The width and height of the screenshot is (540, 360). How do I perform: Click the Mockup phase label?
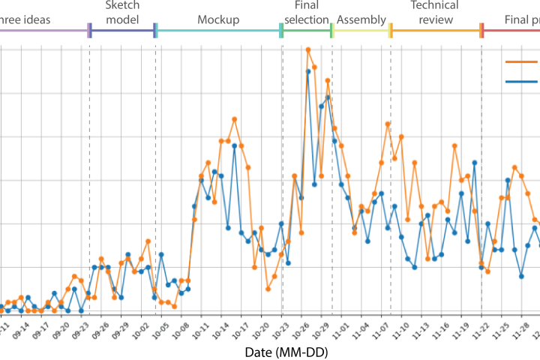point(219,19)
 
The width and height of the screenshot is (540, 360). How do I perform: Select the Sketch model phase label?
point(122,13)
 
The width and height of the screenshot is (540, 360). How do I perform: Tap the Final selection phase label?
point(307,13)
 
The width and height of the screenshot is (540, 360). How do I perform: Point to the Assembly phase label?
point(361,19)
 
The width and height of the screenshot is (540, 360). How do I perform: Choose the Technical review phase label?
point(435,13)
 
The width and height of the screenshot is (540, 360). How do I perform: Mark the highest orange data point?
point(308,49)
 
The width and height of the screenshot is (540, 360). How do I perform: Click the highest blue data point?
point(308,71)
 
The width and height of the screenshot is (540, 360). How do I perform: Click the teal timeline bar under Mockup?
point(218,31)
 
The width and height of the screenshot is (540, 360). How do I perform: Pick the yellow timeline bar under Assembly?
point(361,31)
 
